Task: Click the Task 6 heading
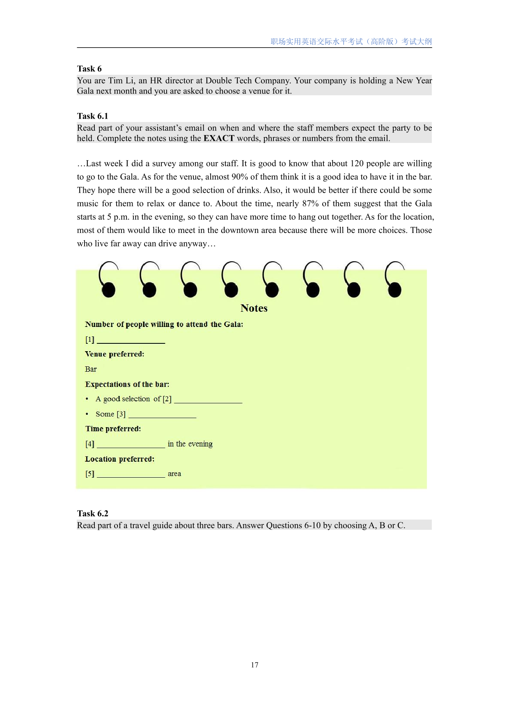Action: coord(89,69)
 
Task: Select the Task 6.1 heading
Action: coord(92,116)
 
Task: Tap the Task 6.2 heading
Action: coord(92,513)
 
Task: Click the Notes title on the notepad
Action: coord(254,308)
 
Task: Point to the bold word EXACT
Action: coord(219,138)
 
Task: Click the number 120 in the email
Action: coord(357,163)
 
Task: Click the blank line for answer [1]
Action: coord(131,340)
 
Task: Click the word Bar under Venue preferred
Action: coord(91,369)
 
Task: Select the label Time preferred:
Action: coord(113,429)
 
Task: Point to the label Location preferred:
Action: coord(119,459)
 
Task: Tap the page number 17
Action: coord(254,665)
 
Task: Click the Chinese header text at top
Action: coord(351,41)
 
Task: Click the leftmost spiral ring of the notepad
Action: coord(108,280)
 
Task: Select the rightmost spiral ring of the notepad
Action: coord(394,280)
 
